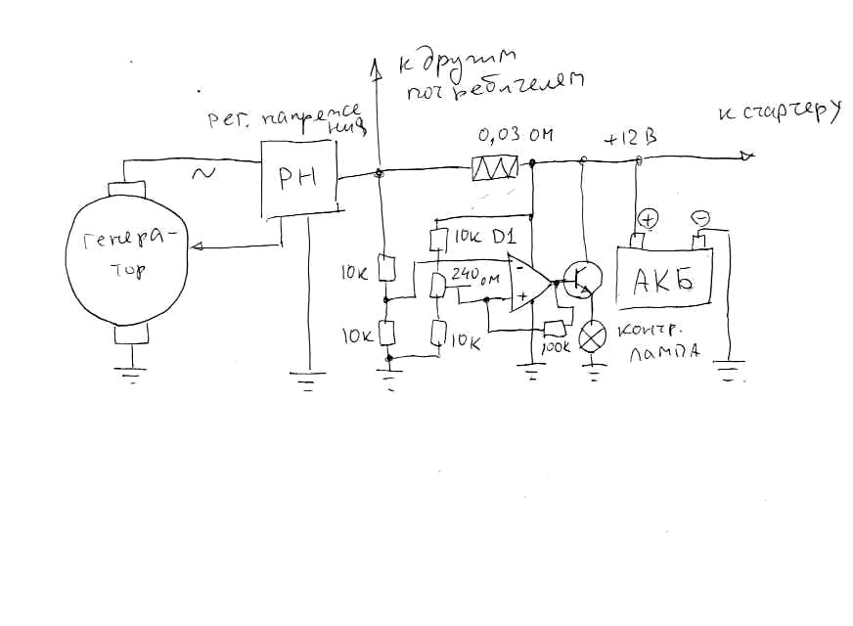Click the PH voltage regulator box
298,179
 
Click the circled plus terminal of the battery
649,218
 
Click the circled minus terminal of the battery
699,217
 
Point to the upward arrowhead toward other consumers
377,67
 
